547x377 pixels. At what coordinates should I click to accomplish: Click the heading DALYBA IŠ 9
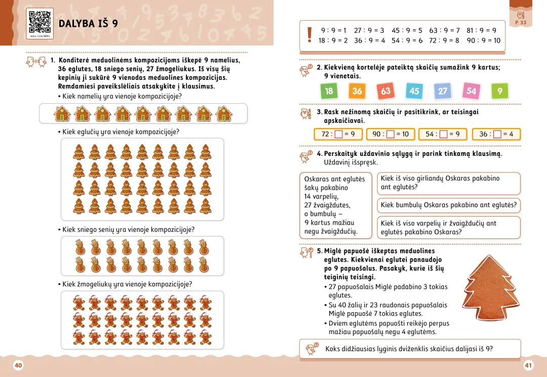coord(89,23)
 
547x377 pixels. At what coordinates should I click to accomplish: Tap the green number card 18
coord(329,91)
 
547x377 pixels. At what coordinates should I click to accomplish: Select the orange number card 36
coord(358,91)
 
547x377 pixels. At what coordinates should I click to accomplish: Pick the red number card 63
coord(386,91)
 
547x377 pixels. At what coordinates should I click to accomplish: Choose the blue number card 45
coord(414,91)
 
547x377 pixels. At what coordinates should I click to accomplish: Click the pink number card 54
coord(472,91)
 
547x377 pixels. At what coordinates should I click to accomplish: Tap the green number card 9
coord(500,91)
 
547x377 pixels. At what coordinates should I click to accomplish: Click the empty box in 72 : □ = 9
coord(338,134)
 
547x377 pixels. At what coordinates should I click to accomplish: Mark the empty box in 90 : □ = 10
coord(390,134)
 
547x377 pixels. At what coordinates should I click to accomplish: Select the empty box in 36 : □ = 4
coord(497,134)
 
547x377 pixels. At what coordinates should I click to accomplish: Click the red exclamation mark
coord(309,35)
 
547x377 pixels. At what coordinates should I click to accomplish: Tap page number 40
coord(18,365)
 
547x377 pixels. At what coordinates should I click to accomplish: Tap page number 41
coord(528,365)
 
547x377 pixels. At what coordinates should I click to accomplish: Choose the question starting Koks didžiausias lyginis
coord(409,349)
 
